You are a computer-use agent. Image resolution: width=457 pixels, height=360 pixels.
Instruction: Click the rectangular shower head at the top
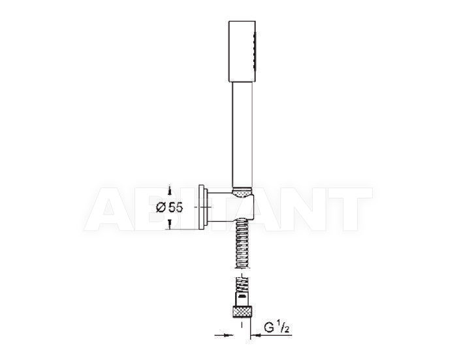click(242, 52)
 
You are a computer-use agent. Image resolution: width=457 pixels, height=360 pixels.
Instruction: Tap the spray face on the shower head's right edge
click(255, 51)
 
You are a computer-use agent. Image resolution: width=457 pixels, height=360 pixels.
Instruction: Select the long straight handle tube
click(242, 135)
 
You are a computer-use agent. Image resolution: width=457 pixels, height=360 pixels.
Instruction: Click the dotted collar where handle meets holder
click(242, 193)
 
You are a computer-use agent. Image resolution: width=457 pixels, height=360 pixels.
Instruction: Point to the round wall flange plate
click(203, 207)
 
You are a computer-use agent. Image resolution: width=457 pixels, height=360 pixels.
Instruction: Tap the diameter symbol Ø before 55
click(161, 207)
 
